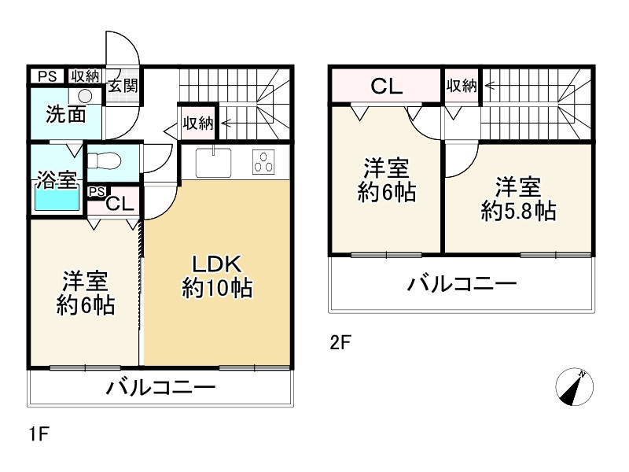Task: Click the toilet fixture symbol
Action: click(x=105, y=161)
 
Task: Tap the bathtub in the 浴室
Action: click(x=57, y=199)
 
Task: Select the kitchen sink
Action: click(x=213, y=162)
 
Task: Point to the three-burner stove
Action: click(x=263, y=162)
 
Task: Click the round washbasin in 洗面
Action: click(x=85, y=96)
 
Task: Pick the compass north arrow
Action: click(x=575, y=386)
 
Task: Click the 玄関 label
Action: click(x=123, y=86)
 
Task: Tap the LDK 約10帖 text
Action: click(x=217, y=276)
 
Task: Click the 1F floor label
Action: click(x=39, y=434)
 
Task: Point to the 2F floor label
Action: click(x=340, y=343)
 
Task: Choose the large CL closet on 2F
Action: click(x=386, y=86)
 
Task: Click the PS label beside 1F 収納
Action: click(x=47, y=76)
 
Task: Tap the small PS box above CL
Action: click(x=97, y=192)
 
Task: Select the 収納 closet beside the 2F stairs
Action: click(x=462, y=86)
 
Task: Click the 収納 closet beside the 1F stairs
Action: click(x=198, y=123)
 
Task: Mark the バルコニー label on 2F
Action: click(x=462, y=284)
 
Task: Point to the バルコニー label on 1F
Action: click(x=161, y=388)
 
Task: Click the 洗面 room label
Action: click(x=66, y=114)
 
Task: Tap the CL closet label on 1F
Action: click(x=120, y=205)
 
